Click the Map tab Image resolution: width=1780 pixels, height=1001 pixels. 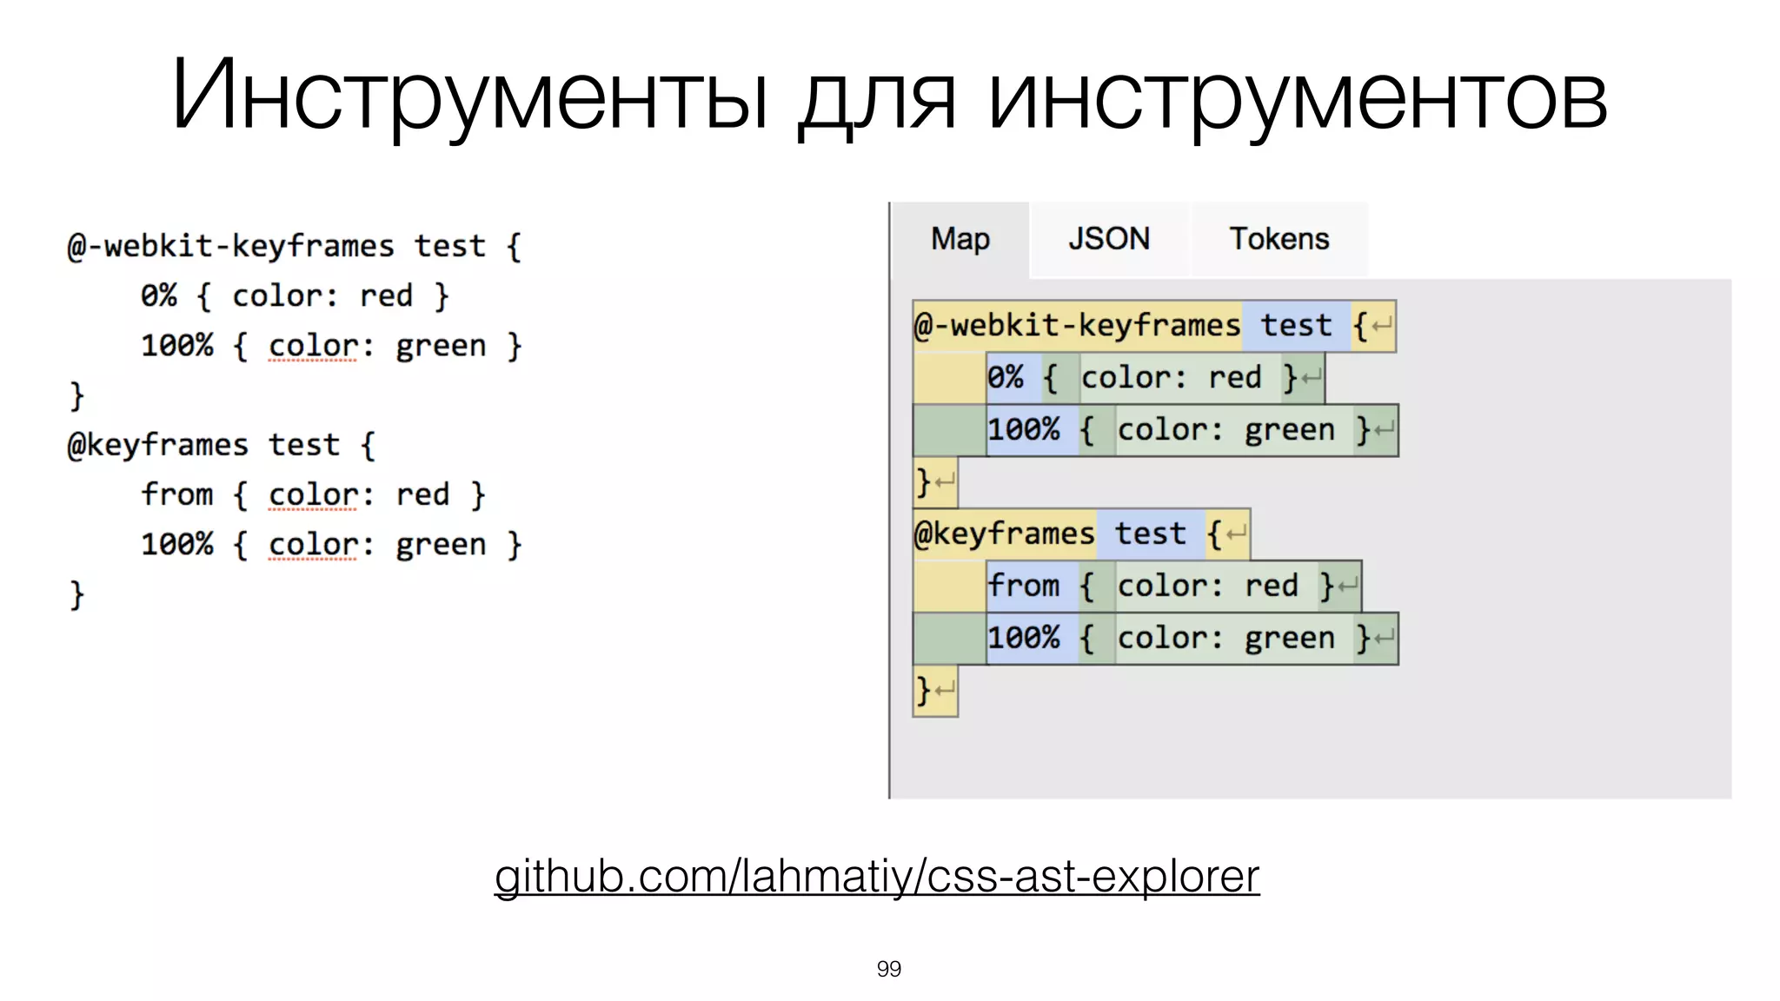point(960,239)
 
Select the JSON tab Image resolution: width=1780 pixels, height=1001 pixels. point(1109,239)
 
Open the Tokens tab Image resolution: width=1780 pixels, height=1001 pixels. point(1279,239)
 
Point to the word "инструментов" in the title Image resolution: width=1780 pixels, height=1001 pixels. point(1298,96)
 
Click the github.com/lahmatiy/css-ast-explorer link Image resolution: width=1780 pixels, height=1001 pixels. point(876,876)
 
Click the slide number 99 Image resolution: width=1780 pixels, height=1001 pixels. point(888,969)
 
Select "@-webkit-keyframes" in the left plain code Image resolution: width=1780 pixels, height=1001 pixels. point(231,247)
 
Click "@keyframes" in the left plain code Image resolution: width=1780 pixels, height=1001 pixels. point(158,446)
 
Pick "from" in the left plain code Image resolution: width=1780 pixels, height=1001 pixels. point(177,495)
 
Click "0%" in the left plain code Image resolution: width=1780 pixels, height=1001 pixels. point(159,296)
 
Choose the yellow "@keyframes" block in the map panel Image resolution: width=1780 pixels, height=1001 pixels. point(1005,534)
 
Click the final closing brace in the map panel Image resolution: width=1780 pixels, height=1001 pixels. point(924,692)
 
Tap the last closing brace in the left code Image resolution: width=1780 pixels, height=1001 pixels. point(77,595)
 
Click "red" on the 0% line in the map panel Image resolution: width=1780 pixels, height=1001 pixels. point(1234,378)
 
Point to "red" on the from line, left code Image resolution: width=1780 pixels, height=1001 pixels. point(422,495)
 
